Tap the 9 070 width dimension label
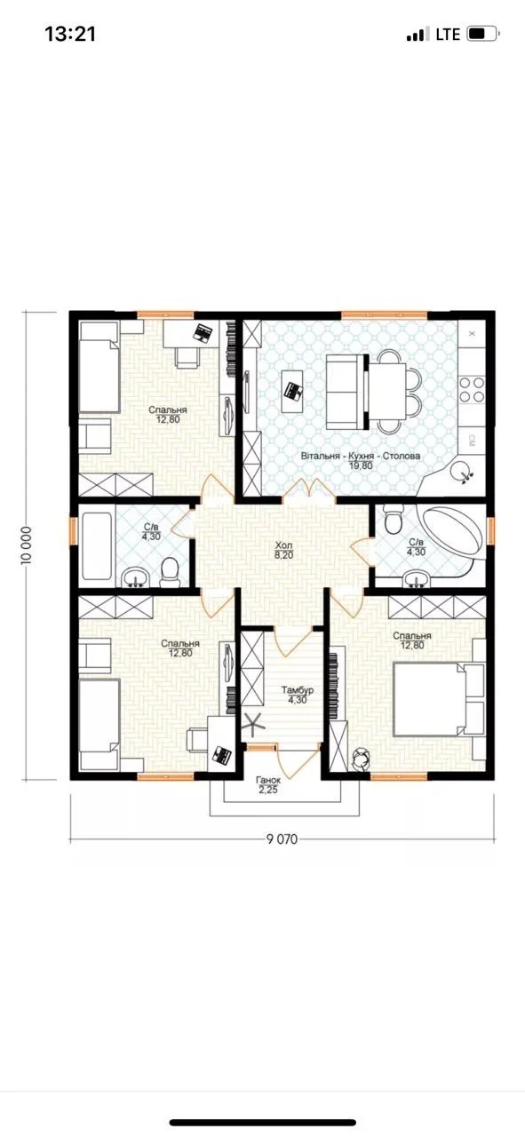282,839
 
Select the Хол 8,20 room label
283,551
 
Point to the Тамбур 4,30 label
298,696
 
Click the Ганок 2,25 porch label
268,784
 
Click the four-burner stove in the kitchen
473,390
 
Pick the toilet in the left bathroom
168,574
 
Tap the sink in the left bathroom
135,577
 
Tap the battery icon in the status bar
483,34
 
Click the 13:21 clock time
70,34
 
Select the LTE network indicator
448,34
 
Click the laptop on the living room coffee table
293,389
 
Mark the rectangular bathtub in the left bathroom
97,546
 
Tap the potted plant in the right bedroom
361,759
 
